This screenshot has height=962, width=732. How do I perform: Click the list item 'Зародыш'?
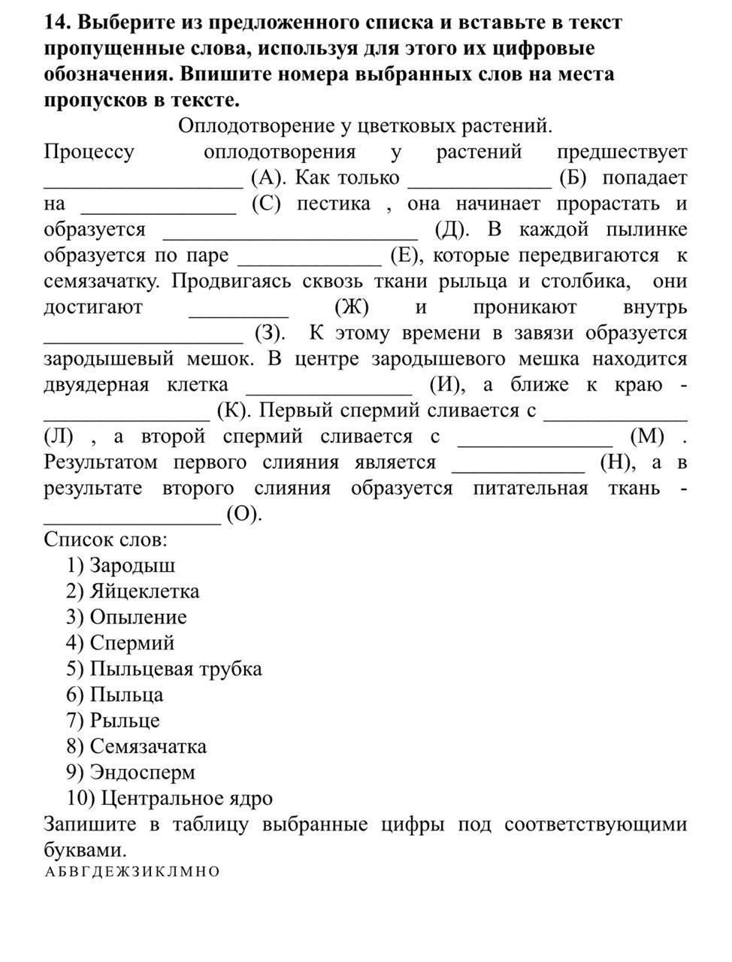(132, 565)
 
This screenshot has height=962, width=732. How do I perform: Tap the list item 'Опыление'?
(138, 617)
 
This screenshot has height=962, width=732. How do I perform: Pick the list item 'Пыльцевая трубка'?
(176, 669)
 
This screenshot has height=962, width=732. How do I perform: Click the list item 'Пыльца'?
(126, 694)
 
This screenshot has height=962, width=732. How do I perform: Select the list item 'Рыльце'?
(125, 721)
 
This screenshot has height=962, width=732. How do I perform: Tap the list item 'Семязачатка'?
(148, 746)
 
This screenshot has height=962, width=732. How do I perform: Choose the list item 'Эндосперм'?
(143, 772)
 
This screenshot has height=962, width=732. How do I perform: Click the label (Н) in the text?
(618, 462)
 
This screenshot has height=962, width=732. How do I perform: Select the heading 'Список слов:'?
(105, 540)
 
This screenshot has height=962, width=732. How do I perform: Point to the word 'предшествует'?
(622, 153)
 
